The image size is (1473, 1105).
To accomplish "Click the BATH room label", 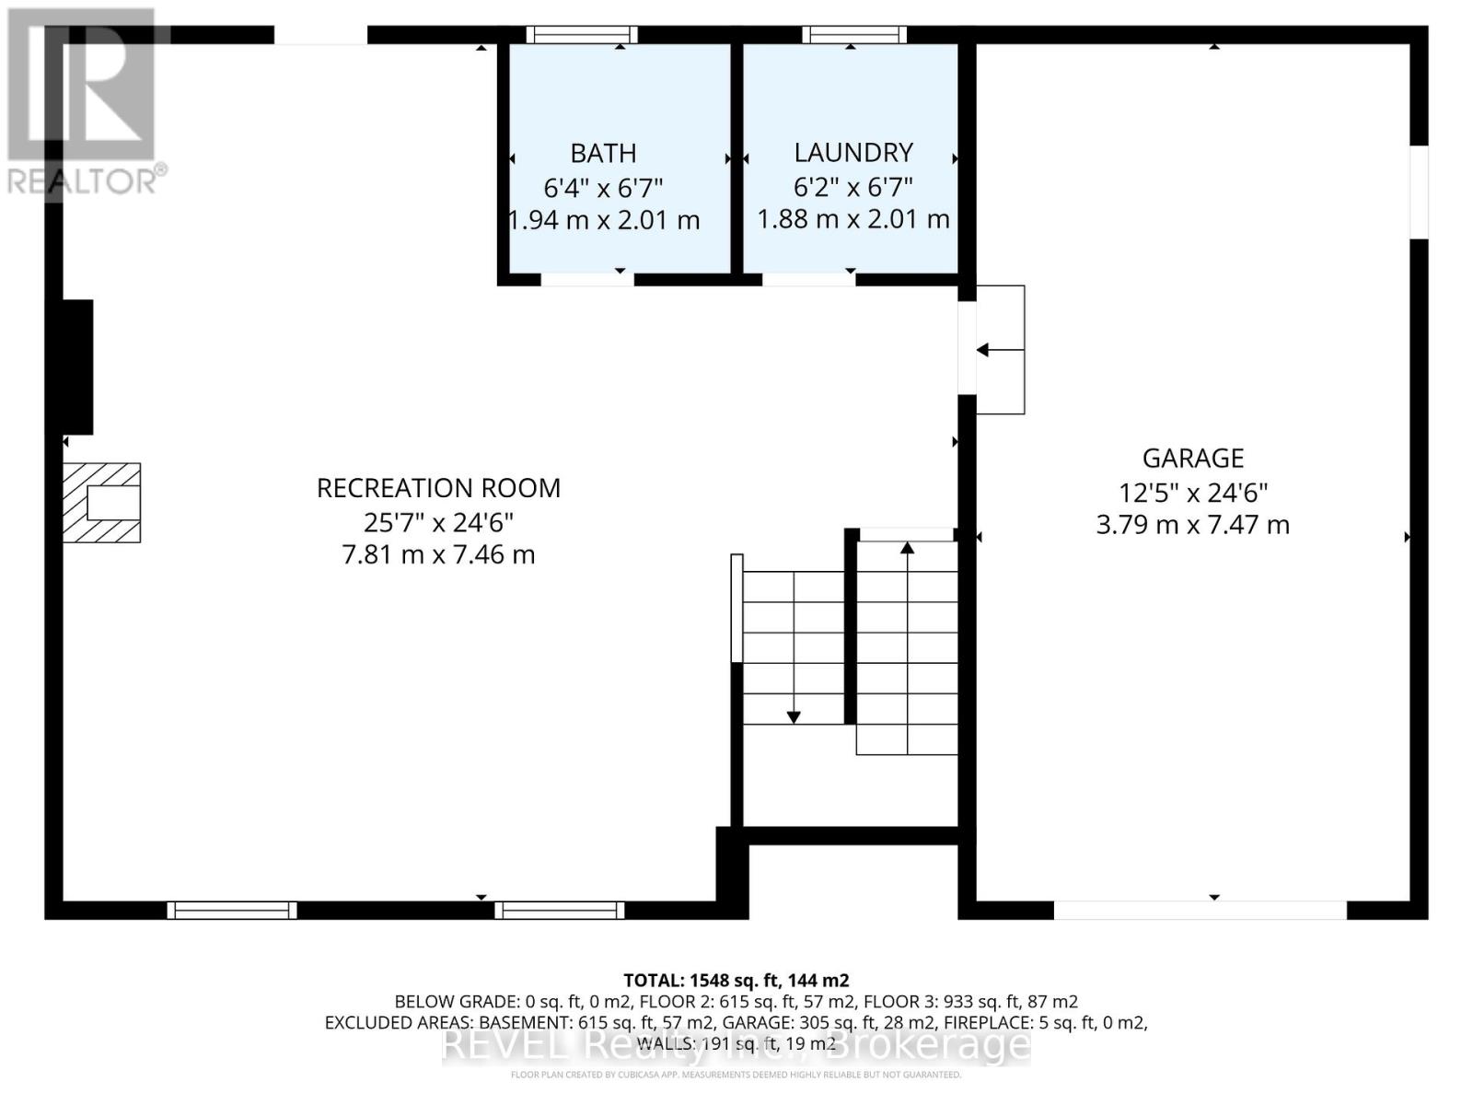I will coord(603,153).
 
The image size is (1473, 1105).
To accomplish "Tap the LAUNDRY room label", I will coord(853,152).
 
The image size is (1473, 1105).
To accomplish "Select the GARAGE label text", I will coord(1192,458).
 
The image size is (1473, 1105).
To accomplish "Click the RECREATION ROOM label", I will coord(438,488).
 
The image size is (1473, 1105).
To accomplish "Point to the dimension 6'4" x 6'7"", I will coord(603,188).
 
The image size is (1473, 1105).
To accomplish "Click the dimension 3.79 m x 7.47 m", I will coord(1192,525).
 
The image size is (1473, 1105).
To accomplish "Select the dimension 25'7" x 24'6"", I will coord(438,522).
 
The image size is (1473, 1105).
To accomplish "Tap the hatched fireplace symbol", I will coord(101,503).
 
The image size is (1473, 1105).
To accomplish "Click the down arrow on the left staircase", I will coord(793,716).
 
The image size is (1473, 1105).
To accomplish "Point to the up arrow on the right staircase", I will coord(907,549).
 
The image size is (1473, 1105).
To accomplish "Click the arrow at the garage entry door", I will coord(983,350).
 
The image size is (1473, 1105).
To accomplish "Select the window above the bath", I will coord(582,35).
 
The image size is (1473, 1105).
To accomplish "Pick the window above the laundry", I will coord(853,35).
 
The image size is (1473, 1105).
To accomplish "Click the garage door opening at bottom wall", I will coord(1200,910).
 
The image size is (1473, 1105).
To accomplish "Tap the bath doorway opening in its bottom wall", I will coord(587,279).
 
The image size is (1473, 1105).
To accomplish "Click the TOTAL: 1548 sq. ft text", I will coord(736,981).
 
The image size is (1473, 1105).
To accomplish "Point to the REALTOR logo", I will coord(83,101).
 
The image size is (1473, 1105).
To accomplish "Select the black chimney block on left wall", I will coord(77,366).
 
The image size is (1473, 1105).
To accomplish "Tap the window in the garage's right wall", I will coord(1419,192).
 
